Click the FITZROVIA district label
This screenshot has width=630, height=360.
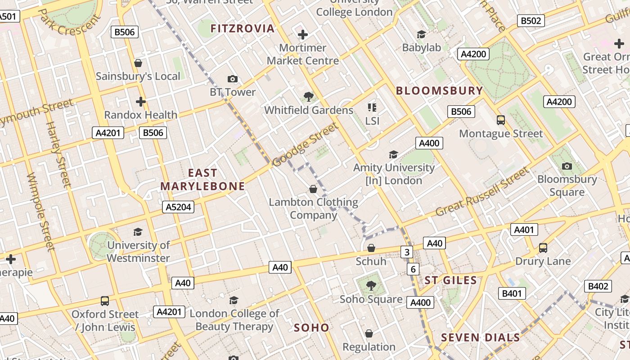point(243,28)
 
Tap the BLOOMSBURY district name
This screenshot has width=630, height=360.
point(439,90)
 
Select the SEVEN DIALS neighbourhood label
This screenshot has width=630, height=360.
point(480,337)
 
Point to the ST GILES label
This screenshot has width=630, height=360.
point(450,280)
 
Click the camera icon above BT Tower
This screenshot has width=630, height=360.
point(233,79)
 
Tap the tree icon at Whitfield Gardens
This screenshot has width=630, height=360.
point(309,96)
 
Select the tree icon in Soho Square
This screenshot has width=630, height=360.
point(371,285)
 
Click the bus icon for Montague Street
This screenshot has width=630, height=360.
point(501,120)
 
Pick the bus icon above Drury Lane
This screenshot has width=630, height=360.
point(543,247)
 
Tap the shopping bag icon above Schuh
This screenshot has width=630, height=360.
point(371,248)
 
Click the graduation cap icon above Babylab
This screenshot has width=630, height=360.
point(421,34)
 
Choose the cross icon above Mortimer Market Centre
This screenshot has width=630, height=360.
point(303,34)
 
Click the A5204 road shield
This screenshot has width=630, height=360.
point(178,207)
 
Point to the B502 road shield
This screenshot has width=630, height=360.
point(531,21)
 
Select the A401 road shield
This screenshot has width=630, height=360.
point(524,230)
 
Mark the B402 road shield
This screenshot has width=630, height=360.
point(598,286)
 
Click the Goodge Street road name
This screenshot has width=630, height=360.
point(305,145)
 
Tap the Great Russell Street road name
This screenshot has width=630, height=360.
point(483,192)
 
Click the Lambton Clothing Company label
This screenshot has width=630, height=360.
point(313,208)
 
